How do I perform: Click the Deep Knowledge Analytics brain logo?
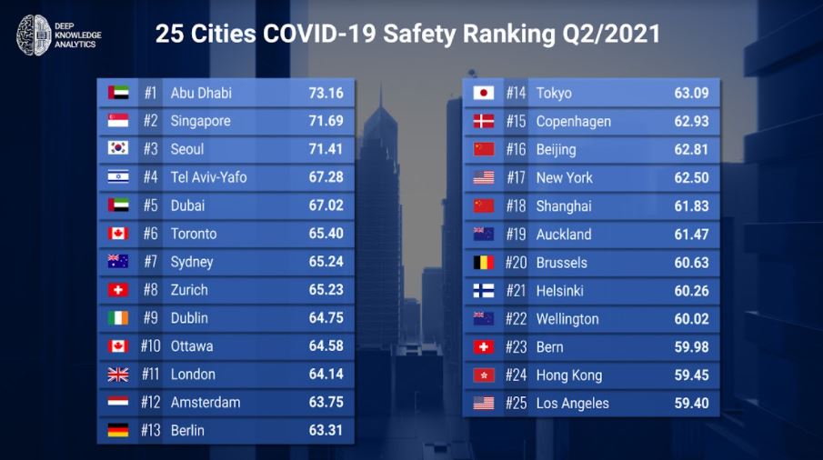pos(34,35)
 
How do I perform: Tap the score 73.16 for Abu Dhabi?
pos(326,93)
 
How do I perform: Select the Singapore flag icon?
pos(118,121)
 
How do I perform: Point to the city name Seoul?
pos(186,149)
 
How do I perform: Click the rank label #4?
pos(151,177)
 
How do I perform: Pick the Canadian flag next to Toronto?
pos(118,234)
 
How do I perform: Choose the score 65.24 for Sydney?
pos(326,261)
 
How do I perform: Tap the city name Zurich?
pos(189,289)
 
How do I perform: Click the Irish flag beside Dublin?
pos(118,318)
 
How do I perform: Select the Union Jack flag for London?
pos(118,374)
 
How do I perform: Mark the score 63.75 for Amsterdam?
pos(326,402)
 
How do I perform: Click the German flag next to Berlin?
pos(118,430)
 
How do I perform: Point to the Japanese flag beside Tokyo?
pos(484,93)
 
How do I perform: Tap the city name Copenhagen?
pos(573,122)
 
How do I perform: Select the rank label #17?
pos(516,178)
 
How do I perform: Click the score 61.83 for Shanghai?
pos(691,205)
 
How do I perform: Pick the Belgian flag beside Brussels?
pos(484,262)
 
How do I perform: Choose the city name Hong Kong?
pos(569,375)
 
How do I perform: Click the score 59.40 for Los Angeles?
pos(691,403)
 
